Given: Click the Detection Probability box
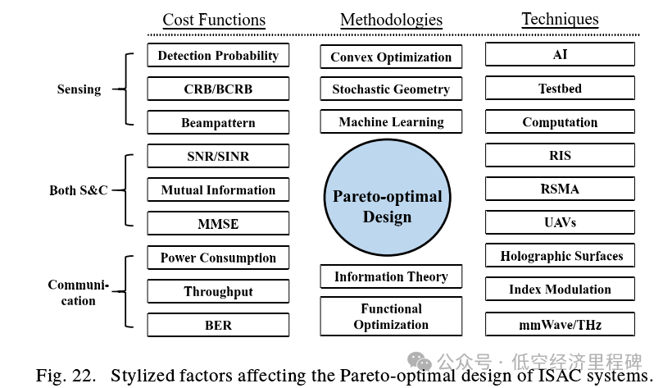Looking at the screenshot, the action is tap(218, 56).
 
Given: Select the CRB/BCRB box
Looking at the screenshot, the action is tap(218, 89).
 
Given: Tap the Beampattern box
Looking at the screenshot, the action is tap(218, 123).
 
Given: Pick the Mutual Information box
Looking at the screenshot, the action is tap(218, 189).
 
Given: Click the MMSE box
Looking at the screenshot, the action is tap(218, 223).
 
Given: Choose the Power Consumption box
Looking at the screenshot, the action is tap(218, 258).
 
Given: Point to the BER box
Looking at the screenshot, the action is tap(218, 325).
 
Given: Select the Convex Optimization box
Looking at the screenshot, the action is tap(391, 57).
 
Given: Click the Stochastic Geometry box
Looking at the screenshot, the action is tap(391, 89).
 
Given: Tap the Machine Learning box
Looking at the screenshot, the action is tap(391, 122).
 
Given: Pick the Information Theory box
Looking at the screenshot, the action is tap(391, 276).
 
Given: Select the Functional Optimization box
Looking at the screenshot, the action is tap(391, 317).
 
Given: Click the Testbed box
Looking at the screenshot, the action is tap(560, 89).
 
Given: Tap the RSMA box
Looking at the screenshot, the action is tap(560, 189).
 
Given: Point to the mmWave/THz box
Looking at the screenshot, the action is tap(560, 325).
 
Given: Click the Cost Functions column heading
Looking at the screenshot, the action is tap(214, 20).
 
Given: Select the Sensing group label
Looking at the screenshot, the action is tap(79, 89).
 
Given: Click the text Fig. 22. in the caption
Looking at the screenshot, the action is tap(65, 376).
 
